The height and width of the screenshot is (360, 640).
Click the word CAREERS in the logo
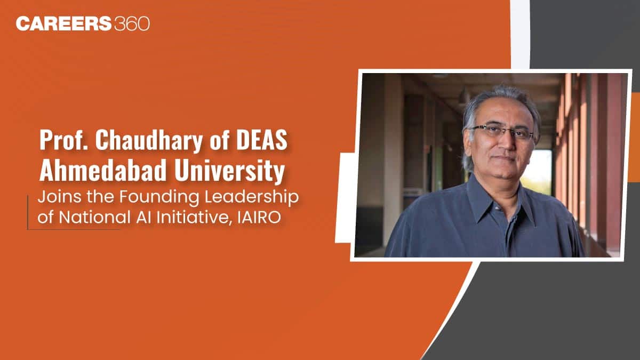pyautogui.click(x=63, y=23)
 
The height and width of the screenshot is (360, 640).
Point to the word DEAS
pyautogui.click(x=261, y=140)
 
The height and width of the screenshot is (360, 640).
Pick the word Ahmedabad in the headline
pyautogui.click(x=103, y=171)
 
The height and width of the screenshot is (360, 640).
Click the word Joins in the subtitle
pyautogui.click(x=59, y=197)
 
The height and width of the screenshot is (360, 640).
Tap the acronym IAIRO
pyautogui.click(x=259, y=218)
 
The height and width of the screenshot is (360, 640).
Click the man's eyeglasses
pyautogui.click(x=502, y=133)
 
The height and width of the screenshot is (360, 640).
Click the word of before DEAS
pyautogui.click(x=219, y=140)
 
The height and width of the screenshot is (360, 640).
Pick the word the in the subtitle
pyautogui.click(x=101, y=197)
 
